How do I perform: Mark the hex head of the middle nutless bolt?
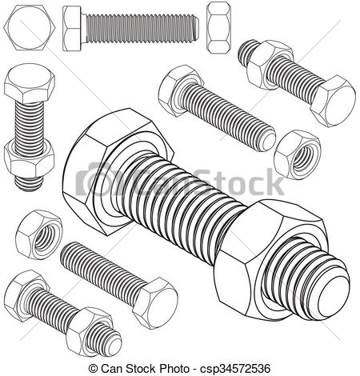tap(178, 90)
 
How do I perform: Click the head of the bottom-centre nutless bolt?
tap(157, 302)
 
